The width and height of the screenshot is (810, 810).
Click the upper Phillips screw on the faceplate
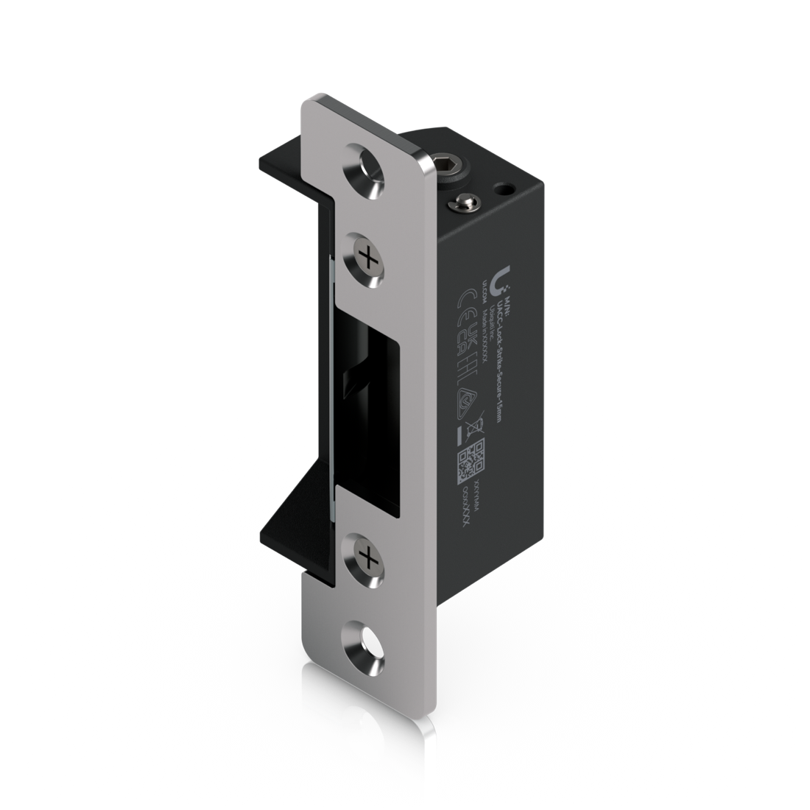pos(365,258)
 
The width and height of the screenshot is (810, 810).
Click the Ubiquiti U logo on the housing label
pos(502,278)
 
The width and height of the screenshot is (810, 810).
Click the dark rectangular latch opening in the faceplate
pos(376,405)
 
